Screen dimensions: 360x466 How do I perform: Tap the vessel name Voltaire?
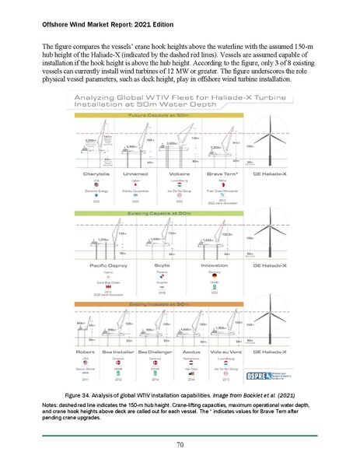click(x=178, y=173)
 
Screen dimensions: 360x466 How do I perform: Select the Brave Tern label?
click(x=218, y=173)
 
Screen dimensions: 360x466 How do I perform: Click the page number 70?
click(x=180, y=444)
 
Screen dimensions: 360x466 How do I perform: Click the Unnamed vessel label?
click(x=137, y=173)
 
